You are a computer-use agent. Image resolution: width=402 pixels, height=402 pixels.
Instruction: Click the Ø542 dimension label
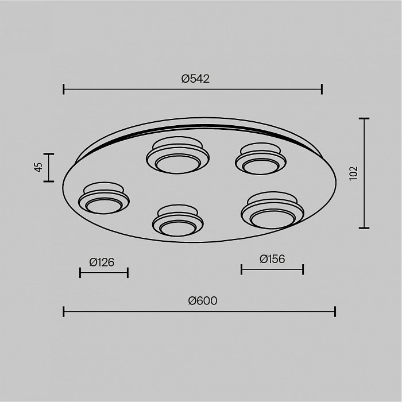click(195, 79)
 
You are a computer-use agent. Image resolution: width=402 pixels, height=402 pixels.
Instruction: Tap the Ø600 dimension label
click(203, 301)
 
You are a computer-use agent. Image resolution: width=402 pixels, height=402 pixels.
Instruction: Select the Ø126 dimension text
click(102, 262)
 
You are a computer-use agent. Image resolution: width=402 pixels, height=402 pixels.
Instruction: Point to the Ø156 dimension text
click(272, 259)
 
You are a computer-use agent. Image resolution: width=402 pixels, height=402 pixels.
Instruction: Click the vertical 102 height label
click(354, 173)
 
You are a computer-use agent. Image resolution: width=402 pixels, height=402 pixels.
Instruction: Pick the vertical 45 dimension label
click(38, 168)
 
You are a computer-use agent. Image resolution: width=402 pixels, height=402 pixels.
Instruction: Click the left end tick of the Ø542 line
click(64, 89)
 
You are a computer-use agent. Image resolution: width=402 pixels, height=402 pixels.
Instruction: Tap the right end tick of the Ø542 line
click(322, 89)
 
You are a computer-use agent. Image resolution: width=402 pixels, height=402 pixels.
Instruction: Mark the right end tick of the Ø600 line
click(335, 311)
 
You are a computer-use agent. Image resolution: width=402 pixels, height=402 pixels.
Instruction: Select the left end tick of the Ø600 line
click(64, 311)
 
